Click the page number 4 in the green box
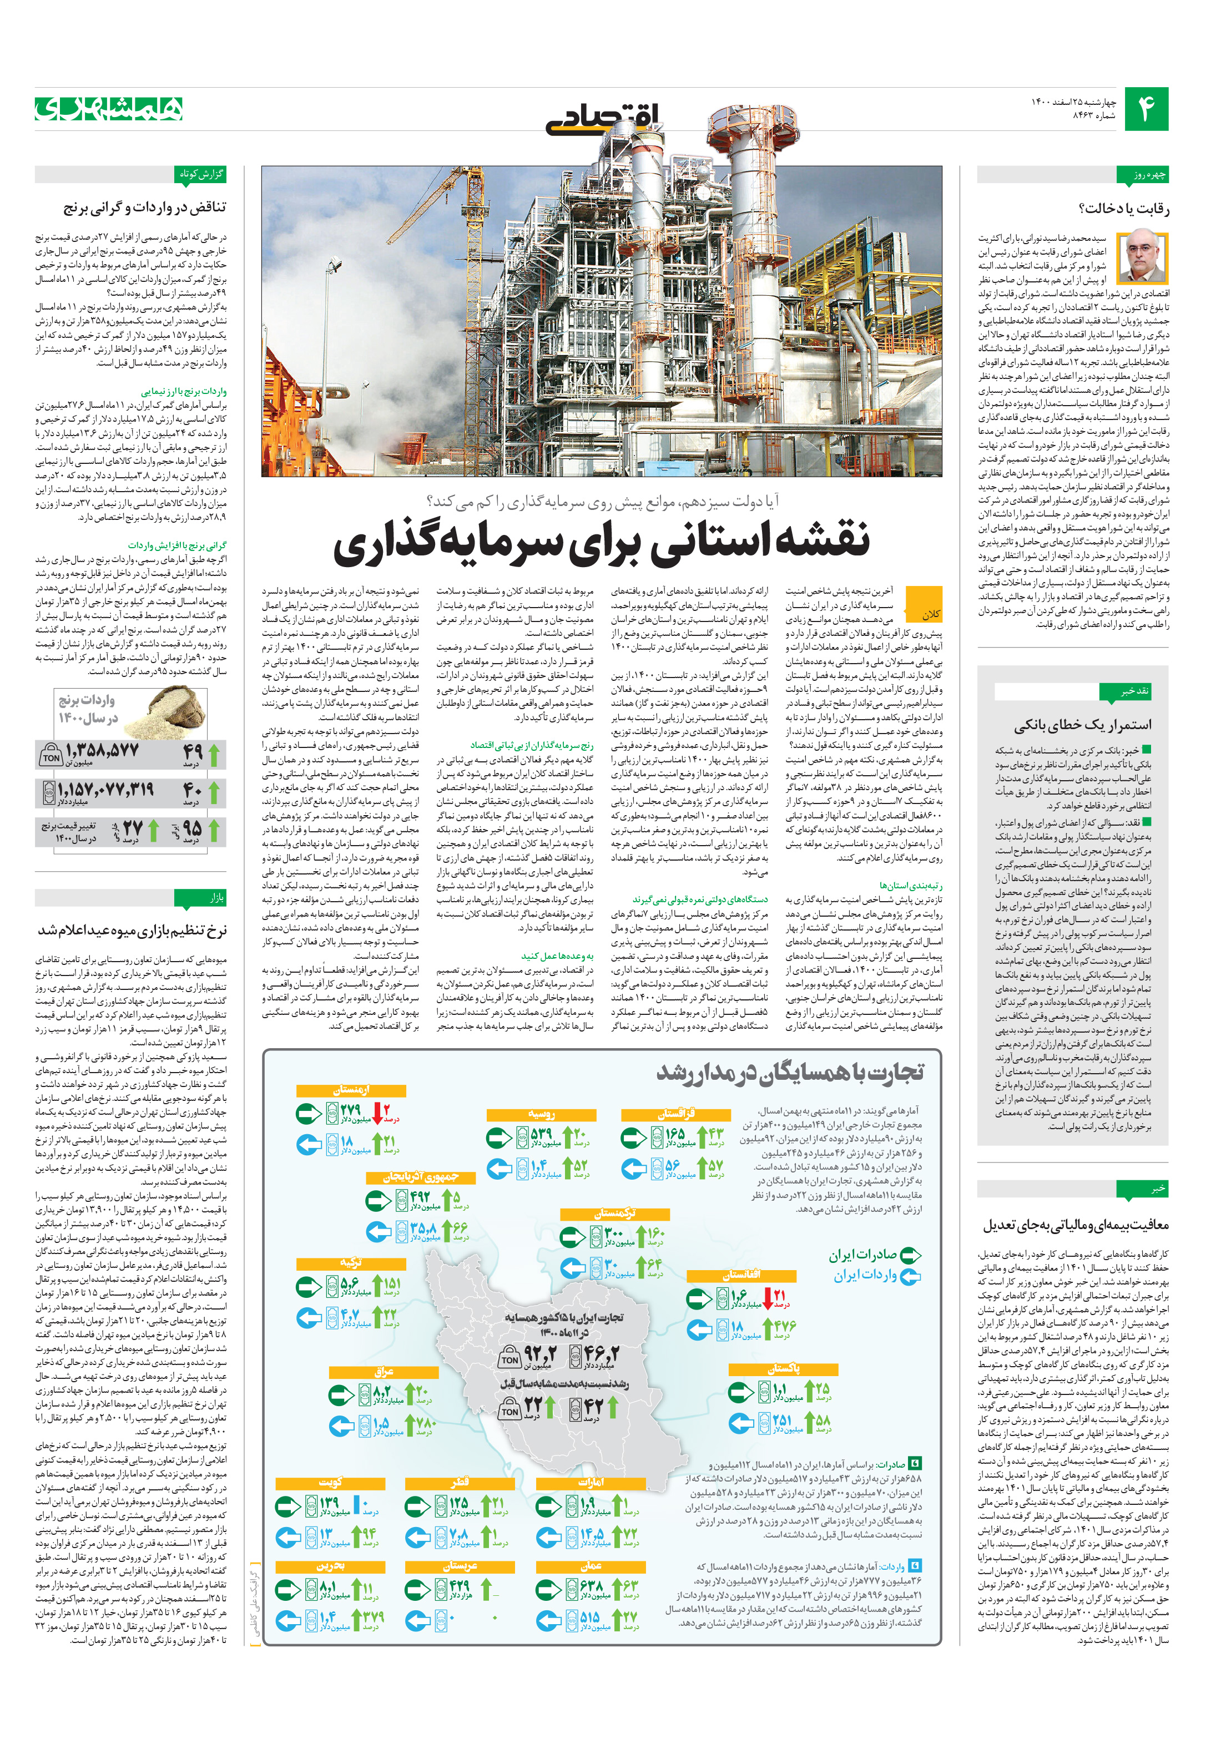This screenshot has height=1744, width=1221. pos(1146,109)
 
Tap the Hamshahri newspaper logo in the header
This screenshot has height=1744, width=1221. pos(109,109)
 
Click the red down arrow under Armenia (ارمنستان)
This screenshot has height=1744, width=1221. pos(381,1112)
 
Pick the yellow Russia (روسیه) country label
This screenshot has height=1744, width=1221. pos(541,1114)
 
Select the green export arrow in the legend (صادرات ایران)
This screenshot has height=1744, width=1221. pos(910,1256)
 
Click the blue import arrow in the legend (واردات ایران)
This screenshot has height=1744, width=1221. pos(910,1277)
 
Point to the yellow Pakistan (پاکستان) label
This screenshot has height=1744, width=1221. pos(783,1369)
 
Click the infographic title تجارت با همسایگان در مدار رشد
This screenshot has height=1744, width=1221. pos(790,1073)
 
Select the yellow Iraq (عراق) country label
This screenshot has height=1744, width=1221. pos(383,1372)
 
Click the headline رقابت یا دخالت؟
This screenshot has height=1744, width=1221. pos(1124,208)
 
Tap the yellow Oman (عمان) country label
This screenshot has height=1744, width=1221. pos(591,1565)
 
